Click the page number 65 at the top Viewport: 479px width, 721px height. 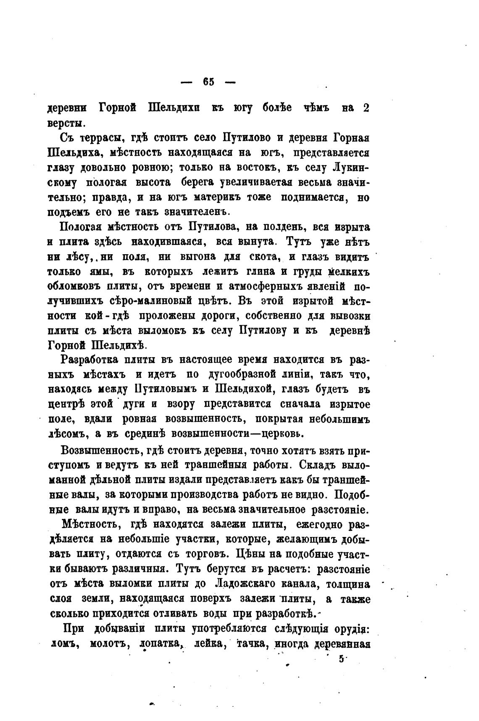pos(208,82)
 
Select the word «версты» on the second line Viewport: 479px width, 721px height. pos(66,124)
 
